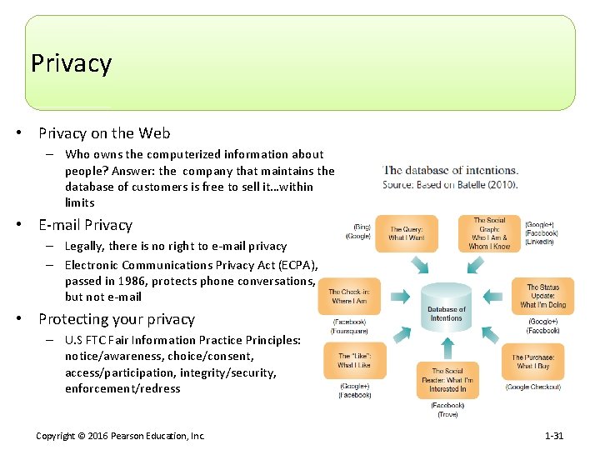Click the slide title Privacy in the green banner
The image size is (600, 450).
click(71, 63)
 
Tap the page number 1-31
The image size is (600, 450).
click(553, 436)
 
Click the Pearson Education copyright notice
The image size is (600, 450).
click(120, 436)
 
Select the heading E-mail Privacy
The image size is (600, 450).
click(85, 225)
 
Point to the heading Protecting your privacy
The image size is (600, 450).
click(117, 319)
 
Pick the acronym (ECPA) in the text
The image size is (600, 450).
click(297, 265)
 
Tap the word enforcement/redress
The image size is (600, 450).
click(122, 388)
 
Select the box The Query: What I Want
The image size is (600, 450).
click(406, 234)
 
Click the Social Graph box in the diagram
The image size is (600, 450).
click(489, 233)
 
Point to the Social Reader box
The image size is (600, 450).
click(447, 380)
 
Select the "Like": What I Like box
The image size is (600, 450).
click(354, 361)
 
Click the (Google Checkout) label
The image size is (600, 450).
click(533, 387)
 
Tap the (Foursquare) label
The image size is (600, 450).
click(350, 331)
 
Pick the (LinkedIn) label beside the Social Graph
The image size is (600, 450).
click(540, 242)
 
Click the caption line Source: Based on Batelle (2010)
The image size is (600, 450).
click(450, 184)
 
